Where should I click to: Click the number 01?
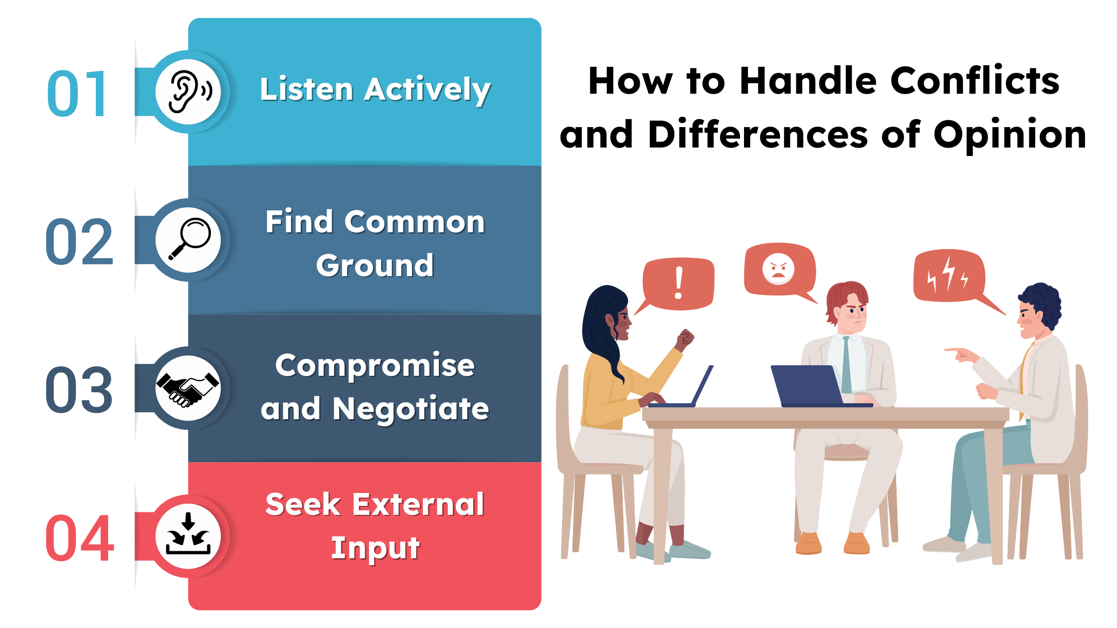click(77, 93)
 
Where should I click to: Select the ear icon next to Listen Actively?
click(188, 92)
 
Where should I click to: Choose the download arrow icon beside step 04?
click(188, 536)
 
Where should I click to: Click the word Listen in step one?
click(307, 90)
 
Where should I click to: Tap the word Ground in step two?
click(375, 265)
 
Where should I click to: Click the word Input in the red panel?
click(375, 548)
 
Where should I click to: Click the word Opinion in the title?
click(1010, 135)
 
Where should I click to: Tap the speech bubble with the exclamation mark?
click(678, 283)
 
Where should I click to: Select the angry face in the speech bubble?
click(778, 269)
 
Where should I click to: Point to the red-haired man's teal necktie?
click(846, 364)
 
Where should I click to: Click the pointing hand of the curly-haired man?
click(960, 354)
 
